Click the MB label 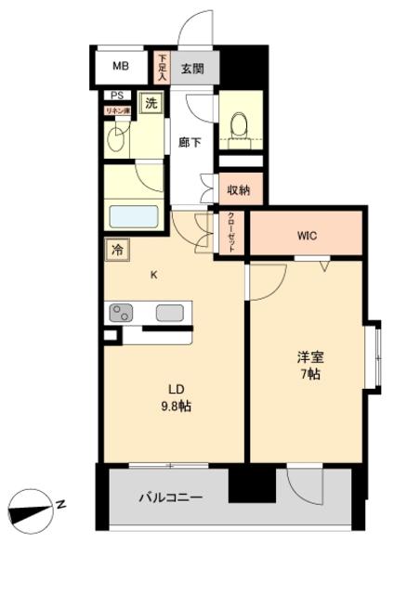coord(122,67)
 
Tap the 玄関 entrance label coord(192,68)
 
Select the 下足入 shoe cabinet coord(162,68)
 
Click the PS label coord(115,95)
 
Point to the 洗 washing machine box coord(150,104)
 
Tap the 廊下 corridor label coord(190,142)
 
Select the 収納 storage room coord(240,189)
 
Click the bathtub coord(136,216)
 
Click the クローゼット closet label coord(231,232)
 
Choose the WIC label coord(307,236)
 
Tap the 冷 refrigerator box coord(117,249)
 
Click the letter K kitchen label coord(155,273)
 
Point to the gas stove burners coord(122,313)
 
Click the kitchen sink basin coord(170,313)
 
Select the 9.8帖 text coord(174,407)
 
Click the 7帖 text coord(309,375)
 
